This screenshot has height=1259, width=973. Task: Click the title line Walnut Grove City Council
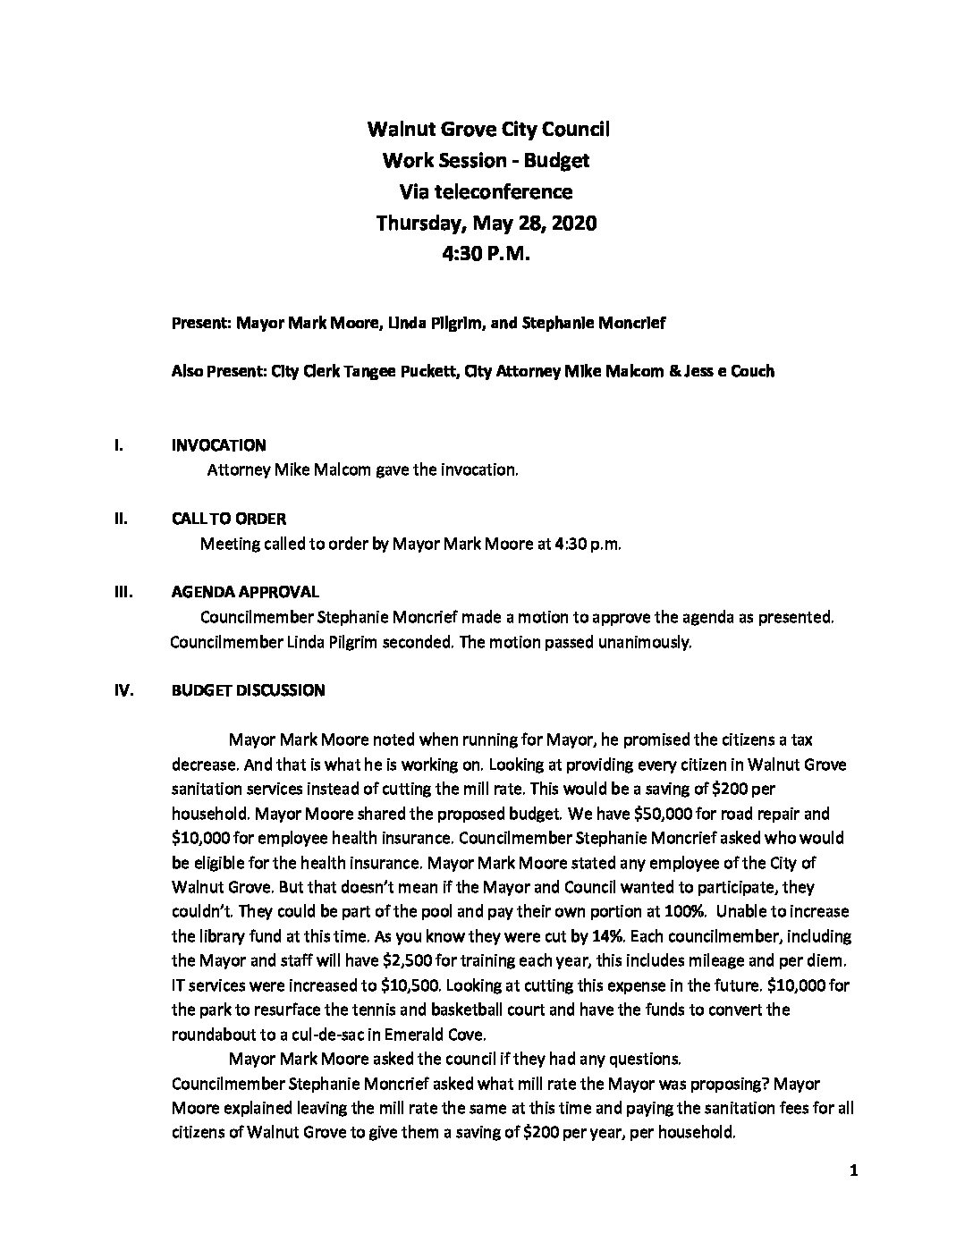[488, 129]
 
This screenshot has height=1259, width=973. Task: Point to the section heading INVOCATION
[218, 445]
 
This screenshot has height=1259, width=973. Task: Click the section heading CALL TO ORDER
[228, 519]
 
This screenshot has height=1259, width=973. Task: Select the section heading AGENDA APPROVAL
[244, 592]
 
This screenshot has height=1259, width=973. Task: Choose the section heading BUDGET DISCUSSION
[248, 690]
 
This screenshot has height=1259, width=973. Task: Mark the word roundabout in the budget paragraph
[213, 1035]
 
